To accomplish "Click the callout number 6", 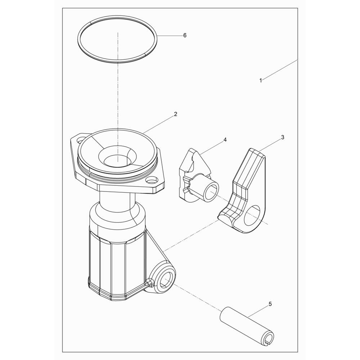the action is [x=185, y=35].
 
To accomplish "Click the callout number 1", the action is [x=261, y=81].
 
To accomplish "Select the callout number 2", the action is [x=176, y=114].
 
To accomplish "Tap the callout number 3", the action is [x=283, y=137].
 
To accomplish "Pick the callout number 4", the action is [x=225, y=140].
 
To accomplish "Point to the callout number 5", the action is [x=270, y=304].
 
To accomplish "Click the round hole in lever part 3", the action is [x=252, y=215].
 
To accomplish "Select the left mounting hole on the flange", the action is [x=80, y=139].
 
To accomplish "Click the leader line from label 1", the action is [x=280, y=69].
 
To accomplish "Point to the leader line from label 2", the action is [x=158, y=125].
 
